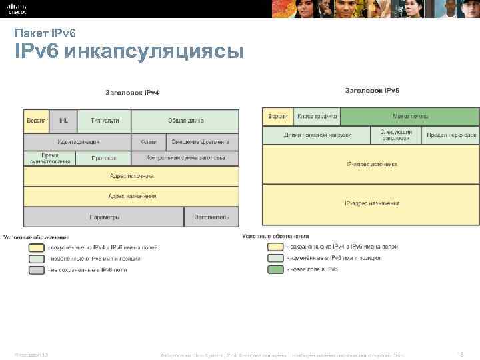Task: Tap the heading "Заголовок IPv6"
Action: tap(372, 90)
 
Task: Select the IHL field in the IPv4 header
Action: tap(63, 121)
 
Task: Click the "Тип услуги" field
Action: tap(105, 121)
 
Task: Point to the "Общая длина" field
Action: tap(185, 121)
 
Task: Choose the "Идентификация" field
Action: tap(78, 142)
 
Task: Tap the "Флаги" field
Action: tap(148, 142)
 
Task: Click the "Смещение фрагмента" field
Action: tap(200, 142)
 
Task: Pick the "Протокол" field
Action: tap(104, 159)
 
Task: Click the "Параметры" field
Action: tap(103, 217)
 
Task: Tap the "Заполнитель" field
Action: tap(212, 217)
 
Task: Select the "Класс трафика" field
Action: tap(317, 116)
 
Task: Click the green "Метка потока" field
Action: tap(410, 116)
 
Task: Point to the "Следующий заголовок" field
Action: tap(396, 135)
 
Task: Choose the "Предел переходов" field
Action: tap(451, 135)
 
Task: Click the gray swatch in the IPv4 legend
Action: tap(36, 270)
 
